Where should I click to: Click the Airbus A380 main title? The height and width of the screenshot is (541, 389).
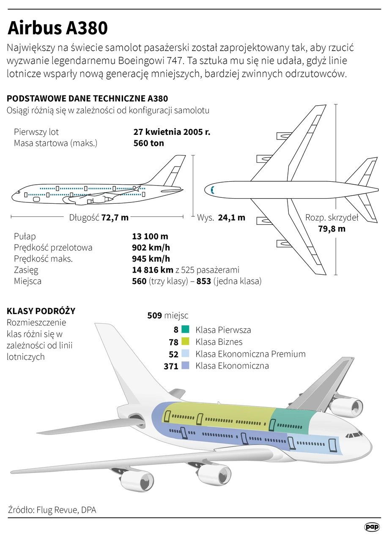pos(58,28)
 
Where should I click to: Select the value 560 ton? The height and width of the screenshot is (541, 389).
pos(148,143)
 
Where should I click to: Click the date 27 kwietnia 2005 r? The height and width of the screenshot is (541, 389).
pos(172,132)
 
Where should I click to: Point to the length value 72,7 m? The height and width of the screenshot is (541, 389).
pos(115,218)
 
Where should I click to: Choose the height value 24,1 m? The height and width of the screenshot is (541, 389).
pos(231,218)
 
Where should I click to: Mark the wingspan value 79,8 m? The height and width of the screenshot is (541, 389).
pos(332,229)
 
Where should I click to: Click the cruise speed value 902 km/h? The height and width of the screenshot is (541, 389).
pos(151,248)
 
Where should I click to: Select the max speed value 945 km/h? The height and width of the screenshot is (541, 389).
pos(151,259)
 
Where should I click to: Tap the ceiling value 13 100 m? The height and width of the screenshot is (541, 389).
pos(150,236)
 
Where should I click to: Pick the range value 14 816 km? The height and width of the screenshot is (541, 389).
pos(153,270)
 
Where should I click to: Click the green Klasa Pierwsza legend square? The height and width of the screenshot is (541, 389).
pos(185,329)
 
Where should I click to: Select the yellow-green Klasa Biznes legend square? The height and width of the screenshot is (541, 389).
pos(185,342)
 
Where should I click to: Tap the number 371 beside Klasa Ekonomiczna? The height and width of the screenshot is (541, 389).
pos(171,366)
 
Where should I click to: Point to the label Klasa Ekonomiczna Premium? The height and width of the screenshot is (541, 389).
pos(251,354)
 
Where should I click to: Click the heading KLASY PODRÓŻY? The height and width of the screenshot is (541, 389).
pos(41,311)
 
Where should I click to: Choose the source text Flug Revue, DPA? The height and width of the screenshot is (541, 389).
pos(66,510)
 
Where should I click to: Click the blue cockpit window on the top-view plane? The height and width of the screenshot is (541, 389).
pos(212,190)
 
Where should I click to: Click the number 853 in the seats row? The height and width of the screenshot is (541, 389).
pos(204,281)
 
